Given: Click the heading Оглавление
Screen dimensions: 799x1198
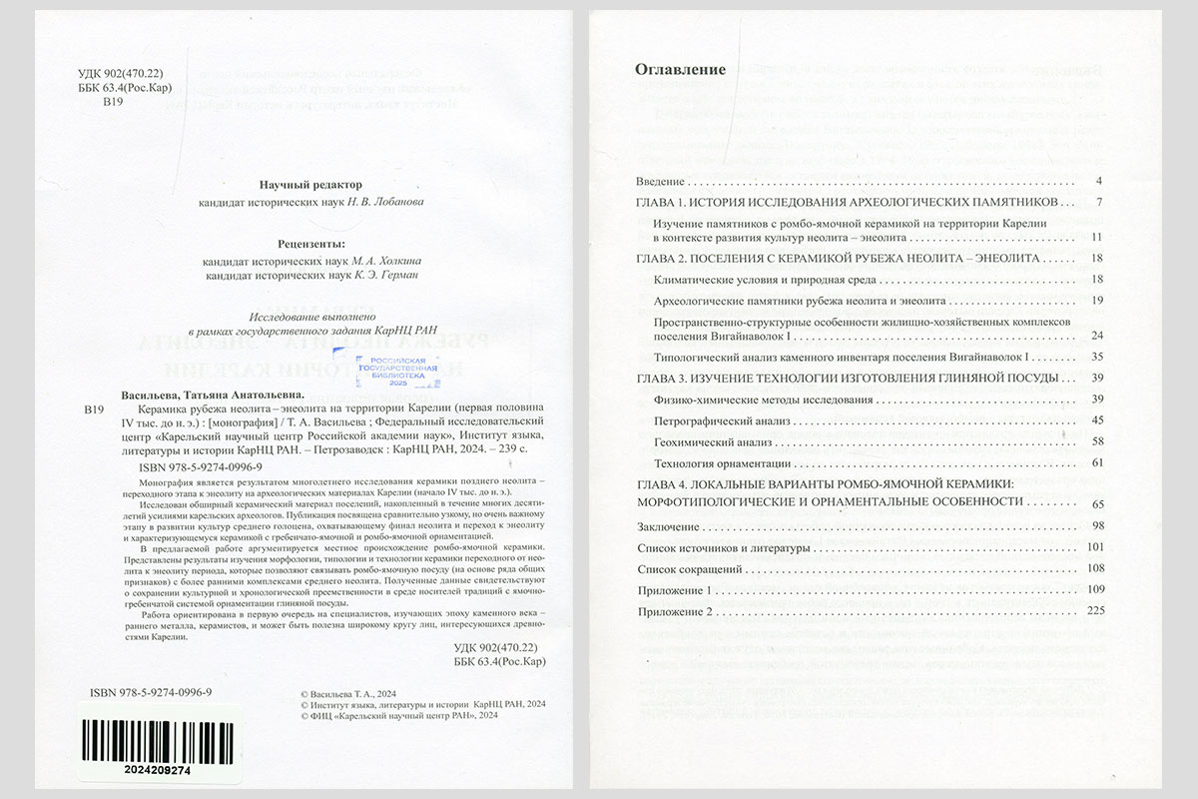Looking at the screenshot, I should (680, 70).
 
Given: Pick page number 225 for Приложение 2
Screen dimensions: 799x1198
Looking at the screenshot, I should (1091, 611).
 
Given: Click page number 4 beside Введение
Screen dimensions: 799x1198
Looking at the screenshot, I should (1097, 182).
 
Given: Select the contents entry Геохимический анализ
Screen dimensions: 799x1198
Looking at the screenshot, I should (711, 441).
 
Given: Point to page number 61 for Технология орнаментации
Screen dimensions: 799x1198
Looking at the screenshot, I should (1095, 462).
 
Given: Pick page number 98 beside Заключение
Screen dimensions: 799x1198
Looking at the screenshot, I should (1095, 525).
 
